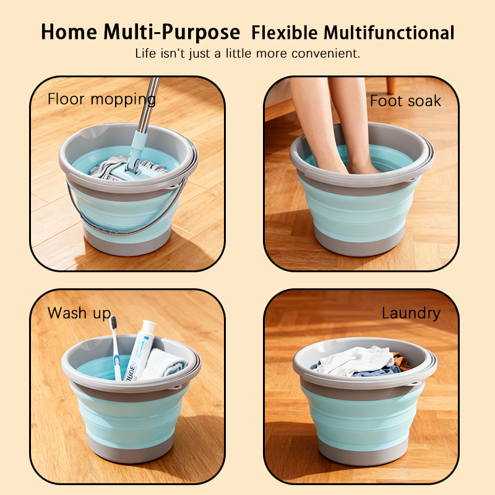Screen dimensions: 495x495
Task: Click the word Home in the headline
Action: (x=69, y=32)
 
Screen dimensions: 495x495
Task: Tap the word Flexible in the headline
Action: (x=285, y=33)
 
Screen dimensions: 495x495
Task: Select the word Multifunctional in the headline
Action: (x=389, y=33)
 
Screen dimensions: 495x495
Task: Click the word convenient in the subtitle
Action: (x=325, y=53)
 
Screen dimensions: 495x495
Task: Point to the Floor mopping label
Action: (x=101, y=100)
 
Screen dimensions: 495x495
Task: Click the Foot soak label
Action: (x=405, y=101)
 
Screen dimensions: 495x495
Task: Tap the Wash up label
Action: (x=79, y=313)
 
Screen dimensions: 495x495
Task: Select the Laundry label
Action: (x=411, y=314)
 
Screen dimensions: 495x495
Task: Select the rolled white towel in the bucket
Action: (x=164, y=363)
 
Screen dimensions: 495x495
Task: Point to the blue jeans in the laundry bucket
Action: (x=376, y=371)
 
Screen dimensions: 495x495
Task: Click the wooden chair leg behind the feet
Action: (x=391, y=85)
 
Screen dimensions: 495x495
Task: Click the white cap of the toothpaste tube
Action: (x=148, y=326)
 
